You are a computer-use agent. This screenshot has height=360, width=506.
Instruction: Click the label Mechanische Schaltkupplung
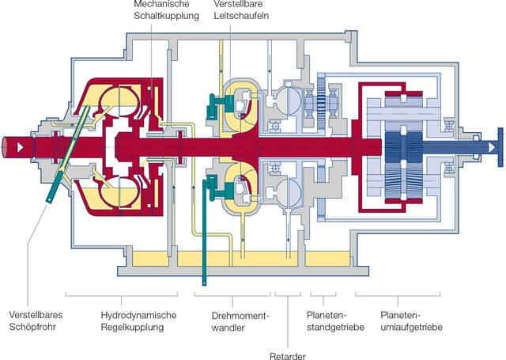(x=167, y=9)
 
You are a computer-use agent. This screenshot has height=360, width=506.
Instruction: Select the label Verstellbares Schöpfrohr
(x=36, y=320)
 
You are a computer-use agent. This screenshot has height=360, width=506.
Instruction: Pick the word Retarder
(x=287, y=354)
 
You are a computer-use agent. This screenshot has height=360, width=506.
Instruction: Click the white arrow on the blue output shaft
(x=491, y=146)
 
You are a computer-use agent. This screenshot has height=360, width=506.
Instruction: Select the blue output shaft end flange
(x=500, y=146)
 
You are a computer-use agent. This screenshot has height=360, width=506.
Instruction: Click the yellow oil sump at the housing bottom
(x=237, y=260)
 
